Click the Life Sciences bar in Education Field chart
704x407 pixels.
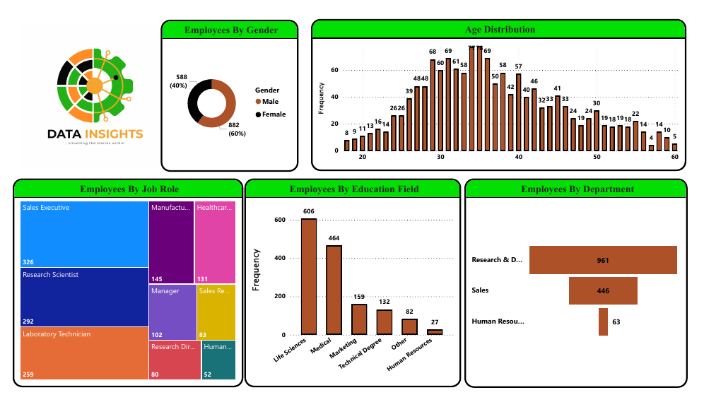click(x=309, y=276)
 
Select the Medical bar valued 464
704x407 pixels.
click(x=334, y=290)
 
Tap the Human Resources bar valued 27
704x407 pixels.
click(x=435, y=331)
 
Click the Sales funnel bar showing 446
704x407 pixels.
click(x=603, y=290)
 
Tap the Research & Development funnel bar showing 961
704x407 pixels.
click(x=603, y=260)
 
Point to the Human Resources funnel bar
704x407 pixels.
click(x=603, y=322)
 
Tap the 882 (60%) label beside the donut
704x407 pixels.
click(x=234, y=129)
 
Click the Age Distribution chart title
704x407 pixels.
click(x=500, y=30)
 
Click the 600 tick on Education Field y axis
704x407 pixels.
click(x=279, y=220)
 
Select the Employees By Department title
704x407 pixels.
click(x=577, y=189)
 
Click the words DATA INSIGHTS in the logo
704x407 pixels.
click(x=95, y=134)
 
